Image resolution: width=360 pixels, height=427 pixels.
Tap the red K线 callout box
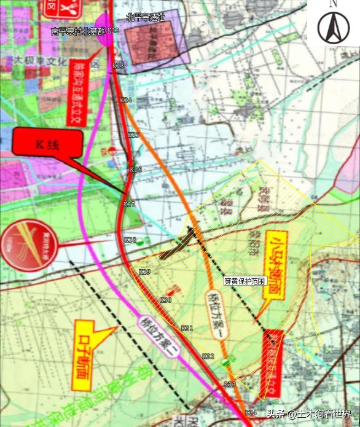point(47,144)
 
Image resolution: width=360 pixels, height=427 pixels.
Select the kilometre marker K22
point(113,30)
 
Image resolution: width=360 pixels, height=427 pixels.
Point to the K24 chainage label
point(126,100)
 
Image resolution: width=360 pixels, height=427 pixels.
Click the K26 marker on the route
point(136,169)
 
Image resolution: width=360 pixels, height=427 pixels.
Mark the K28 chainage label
point(130,240)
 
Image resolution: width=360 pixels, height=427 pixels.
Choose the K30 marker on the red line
point(165,300)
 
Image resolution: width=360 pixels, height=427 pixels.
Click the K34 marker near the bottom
point(250,412)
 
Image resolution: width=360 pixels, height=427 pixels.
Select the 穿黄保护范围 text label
point(245,281)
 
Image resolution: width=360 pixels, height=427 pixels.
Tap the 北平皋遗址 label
point(146,18)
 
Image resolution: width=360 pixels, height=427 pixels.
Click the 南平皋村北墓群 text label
point(78,30)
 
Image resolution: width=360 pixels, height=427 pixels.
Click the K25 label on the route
point(133,135)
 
